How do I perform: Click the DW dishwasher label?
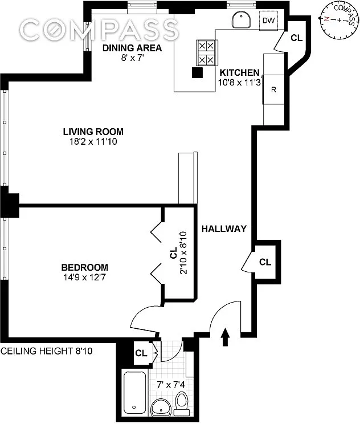pos(268,21)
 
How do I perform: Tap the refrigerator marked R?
pos(273,89)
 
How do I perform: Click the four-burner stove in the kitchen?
pos(207,52)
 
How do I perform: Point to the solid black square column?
pos(197,72)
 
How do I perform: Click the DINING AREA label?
pos(132,48)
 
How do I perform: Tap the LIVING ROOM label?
pos(93,132)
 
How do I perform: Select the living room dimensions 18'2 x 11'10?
pos(93,141)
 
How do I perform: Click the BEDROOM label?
pos(85,267)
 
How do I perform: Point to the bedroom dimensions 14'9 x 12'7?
pos(85,277)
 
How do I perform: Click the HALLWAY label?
pos(224,229)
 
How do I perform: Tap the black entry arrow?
pos(226,337)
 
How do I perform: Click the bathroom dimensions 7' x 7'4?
pos(171,385)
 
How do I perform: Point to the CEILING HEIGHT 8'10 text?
pos(47,351)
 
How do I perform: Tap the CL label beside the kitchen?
pos(296,38)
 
